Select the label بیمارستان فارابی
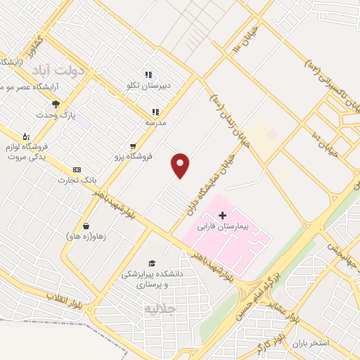pos(243,228)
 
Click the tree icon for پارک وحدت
pos(56,104)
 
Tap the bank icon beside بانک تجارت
pos(77,169)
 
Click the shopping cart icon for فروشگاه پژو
pos(132,146)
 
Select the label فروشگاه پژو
pos(131,156)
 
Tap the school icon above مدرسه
pos(155,111)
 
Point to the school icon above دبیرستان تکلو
pos(148,75)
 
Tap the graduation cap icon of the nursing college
pos(149,263)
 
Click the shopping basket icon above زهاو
pos(86,226)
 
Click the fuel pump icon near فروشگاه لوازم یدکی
pos(26,135)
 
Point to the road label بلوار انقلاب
pos(67,296)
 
